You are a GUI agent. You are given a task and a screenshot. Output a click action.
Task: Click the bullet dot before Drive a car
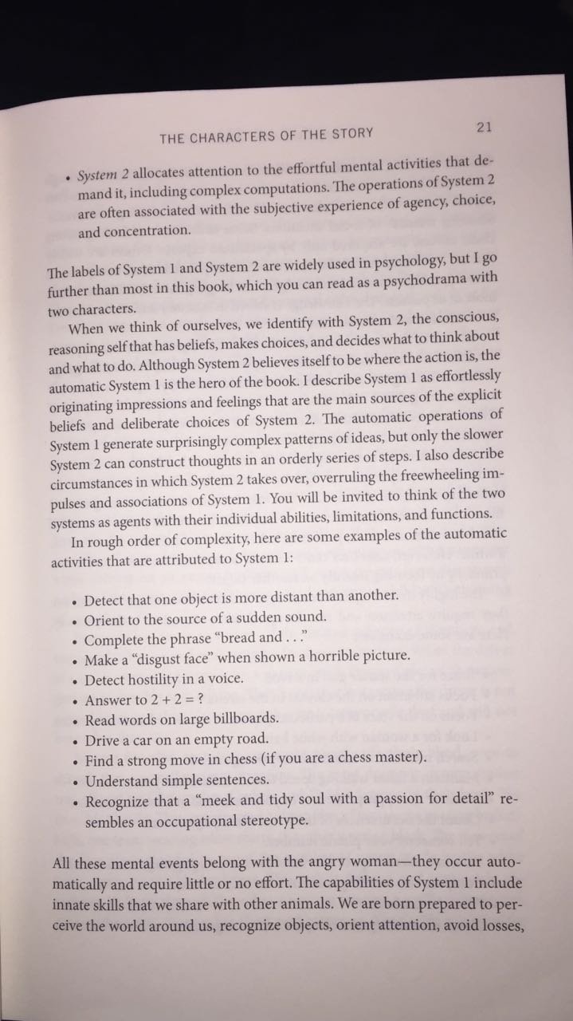click(73, 740)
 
